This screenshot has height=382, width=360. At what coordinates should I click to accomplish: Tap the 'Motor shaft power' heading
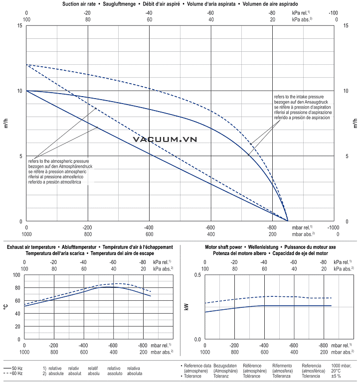point(224,247)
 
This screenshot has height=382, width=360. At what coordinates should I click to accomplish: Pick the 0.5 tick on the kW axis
point(197,275)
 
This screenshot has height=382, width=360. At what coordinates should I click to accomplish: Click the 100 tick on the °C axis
point(17,275)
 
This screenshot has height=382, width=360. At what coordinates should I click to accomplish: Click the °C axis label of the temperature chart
point(6,307)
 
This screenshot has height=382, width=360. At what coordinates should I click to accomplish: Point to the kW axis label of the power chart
point(187,307)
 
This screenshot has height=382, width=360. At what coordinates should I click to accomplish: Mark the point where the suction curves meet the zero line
point(288,221)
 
